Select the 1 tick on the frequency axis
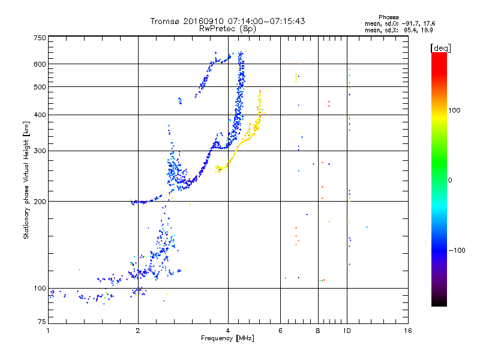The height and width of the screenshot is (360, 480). click(x=48, y=331)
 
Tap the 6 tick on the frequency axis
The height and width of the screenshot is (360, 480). click(x=281, y=331)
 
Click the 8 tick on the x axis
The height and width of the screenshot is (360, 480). click(x=318, y=331)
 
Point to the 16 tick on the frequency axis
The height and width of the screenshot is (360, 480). click(x=407, y=331)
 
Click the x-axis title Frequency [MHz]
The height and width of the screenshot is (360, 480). click(x=228, y=338)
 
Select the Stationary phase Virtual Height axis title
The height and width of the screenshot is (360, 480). click(x=26, y=181)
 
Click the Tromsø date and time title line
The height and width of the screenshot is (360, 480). click(x=228, y=21)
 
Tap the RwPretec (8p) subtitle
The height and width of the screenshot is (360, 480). click(x=228, y=28)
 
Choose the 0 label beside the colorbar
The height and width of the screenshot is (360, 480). click(x=451, y=180)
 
